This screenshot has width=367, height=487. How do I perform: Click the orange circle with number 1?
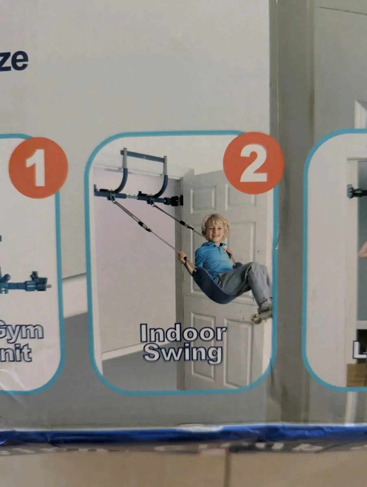(x=38, y=167)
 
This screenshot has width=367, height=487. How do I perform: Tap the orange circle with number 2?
(x=253, y=163)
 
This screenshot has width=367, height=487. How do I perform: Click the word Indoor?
(x=183, y=334)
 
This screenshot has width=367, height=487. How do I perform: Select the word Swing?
(x=183, y=353)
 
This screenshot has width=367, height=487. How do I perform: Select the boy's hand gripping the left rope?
(x=182, y=256)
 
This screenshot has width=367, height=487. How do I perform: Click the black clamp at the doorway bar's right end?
(x=176, y=200)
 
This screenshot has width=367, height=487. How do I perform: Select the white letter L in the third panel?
(x=359, y=350)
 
